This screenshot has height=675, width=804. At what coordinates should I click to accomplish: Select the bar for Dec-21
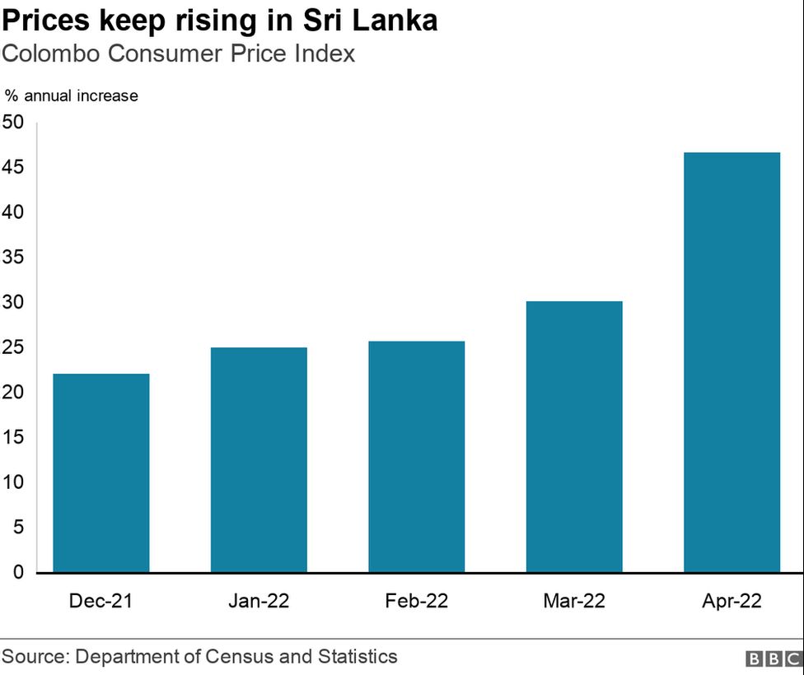pos(100,473)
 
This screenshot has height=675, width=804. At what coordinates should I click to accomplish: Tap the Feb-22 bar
pos(416,457)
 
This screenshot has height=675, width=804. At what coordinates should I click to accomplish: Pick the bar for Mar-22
pos(574,436)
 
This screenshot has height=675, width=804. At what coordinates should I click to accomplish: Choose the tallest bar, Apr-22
pos(732,362)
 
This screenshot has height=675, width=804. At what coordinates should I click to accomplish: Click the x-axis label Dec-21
pos(100,601)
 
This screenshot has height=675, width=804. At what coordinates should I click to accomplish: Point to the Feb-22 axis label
pos(416,601)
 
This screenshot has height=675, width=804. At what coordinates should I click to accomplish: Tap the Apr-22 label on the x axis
pos(732,601)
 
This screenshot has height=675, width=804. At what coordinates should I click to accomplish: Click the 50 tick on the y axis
pos(13,123)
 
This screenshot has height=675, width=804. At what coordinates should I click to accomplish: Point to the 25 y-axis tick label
pos(13,347)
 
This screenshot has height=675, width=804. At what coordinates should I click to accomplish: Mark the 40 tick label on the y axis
pos(13,212)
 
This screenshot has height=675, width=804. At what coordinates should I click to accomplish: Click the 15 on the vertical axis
pos(13,437)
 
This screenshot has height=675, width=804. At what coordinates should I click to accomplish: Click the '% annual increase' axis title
pos(72,95)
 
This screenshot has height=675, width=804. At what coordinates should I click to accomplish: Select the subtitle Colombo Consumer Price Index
pos(178,54)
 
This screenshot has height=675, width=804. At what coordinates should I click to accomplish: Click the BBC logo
pos(773,659)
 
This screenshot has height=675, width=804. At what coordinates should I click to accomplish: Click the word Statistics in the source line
pos(357,657)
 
